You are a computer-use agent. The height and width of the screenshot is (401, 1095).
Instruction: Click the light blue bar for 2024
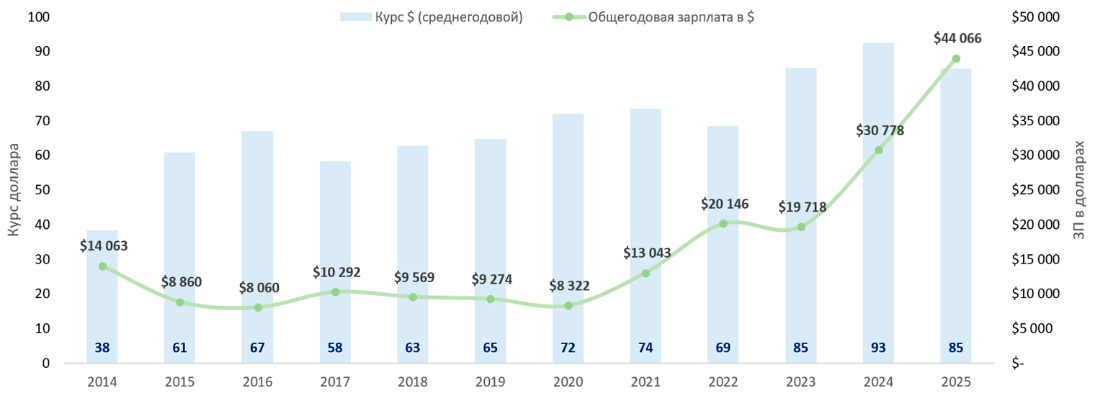click(878, 202)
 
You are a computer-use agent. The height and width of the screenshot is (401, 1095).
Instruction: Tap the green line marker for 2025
click(956, 59)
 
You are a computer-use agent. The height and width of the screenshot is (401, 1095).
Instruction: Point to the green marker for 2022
click(723, 223)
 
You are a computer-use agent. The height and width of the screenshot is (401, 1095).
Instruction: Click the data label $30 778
click(880, 130)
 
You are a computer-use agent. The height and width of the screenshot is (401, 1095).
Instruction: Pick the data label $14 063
click(104, 246)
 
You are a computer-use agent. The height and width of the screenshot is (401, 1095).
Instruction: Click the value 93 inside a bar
click(878, 348)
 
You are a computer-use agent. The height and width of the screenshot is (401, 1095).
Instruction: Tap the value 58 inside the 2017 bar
click(335, 348)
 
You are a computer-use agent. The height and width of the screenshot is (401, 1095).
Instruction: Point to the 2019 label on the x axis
click(490, 382)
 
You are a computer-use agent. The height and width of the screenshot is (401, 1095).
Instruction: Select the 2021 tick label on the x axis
click(645, 382)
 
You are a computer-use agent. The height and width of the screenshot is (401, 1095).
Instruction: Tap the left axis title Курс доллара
click(14, 190)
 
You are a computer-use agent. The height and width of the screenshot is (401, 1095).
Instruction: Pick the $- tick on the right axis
click(1016, 364)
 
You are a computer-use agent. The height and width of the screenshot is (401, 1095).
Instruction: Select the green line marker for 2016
click(257, 307)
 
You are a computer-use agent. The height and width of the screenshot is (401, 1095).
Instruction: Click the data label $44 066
click(957, 39)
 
